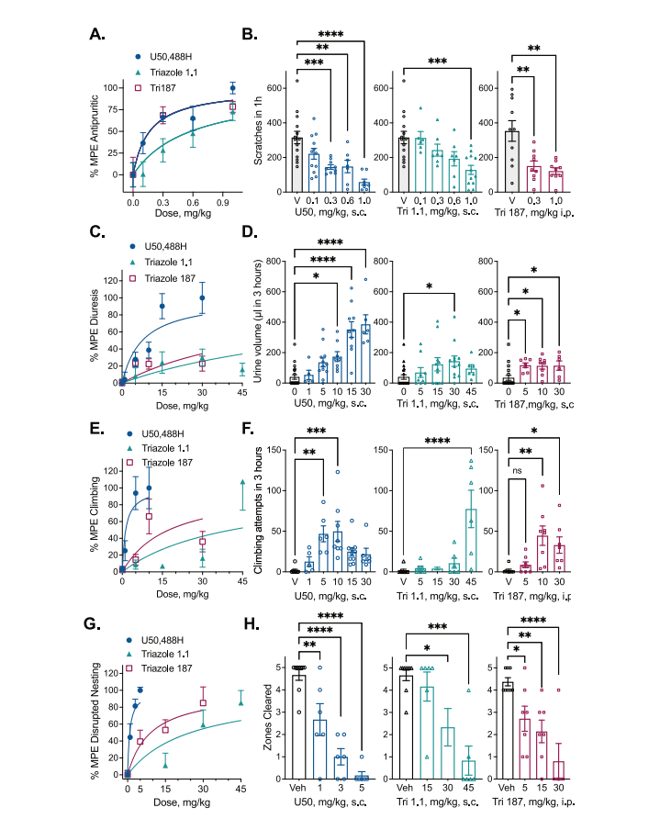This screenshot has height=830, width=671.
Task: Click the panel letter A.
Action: (x=96, y=35)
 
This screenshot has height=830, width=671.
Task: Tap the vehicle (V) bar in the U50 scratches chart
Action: (x=297, y=162)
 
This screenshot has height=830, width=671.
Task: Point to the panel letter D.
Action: (x=249, y=241)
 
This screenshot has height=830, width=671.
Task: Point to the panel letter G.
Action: (x=96, y=626)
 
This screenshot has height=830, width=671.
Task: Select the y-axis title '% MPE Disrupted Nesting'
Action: (x=95, y=716)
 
